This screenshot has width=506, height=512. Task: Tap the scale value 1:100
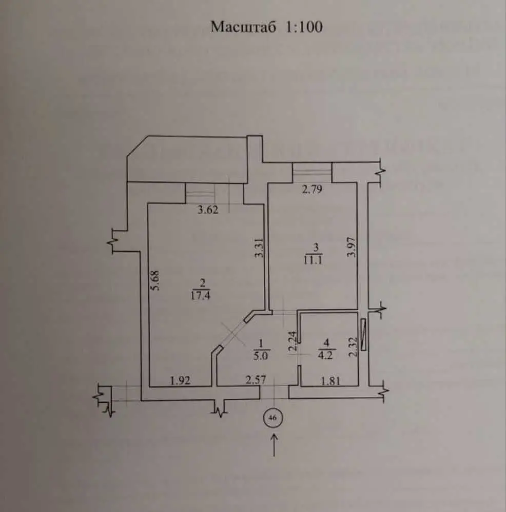point(304,27)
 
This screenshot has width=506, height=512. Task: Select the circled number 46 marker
point(273,418)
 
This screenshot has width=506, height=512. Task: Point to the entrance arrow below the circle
point(274,445)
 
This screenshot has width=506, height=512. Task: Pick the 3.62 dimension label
point(208,210)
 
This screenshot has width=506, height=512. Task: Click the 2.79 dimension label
point(312,189)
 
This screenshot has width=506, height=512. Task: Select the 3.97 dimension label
point(352,247)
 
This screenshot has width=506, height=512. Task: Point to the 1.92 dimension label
point(180,380)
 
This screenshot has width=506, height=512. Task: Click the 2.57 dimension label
point(256,379)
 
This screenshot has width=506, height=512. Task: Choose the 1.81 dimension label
point(331,381)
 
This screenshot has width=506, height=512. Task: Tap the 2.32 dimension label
point(353,346)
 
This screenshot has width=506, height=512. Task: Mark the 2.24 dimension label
point(293,341)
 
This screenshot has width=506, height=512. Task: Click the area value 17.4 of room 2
point(200,296)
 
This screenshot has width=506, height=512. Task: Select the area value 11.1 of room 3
point(313,261)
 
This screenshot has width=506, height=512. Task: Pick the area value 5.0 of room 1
point(261,356)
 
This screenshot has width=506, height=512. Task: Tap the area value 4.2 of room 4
point(325,355)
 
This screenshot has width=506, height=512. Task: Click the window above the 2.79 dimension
point(312,172)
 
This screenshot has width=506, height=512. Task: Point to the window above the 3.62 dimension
point(215,194)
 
